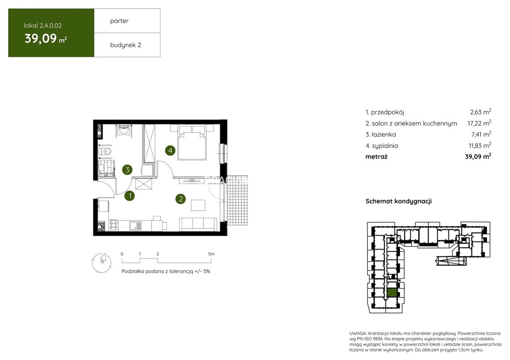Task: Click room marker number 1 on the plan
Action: (x=130, y=196)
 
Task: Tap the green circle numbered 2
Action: (x=180, y=199)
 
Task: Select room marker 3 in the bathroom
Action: (x=128, y=170)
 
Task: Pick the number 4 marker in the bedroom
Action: (x=170, y=150)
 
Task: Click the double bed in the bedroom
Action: (x=192, y=143)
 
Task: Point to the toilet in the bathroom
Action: (x=105, y=151)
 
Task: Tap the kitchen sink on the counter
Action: (x=135, y=225)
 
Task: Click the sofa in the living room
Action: (x=198, y=224)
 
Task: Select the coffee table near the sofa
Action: (x=198, y=205)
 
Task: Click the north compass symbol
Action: (x=102, y=262)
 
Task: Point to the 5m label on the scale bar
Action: (x=211, y=254)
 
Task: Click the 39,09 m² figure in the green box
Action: (x=46, y=39)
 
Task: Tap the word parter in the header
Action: (x=119, y=21)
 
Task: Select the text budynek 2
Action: (x=125, y=45)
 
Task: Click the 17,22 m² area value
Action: (x=479, y=123)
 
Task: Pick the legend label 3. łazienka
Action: (x=380, y=135)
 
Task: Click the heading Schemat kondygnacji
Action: (x=398, y=201)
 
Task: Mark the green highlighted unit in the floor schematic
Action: (x=392, y=292)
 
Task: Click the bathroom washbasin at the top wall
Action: (x=124, y=130)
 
